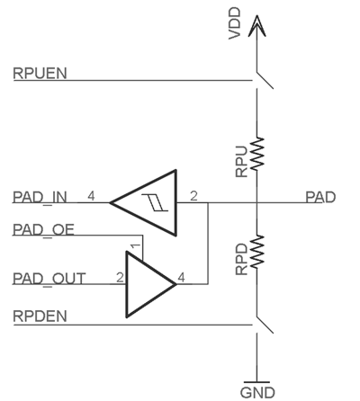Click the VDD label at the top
coord(235,23)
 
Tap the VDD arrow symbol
coord(256,26)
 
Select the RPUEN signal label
coord(40,74)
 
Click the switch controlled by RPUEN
coord(265,80)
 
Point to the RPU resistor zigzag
coord(257,154)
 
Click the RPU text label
coord(242,161)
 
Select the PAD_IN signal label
coord(40,197)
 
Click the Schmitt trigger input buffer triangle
coord(143,203)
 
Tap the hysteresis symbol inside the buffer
coord(155,202)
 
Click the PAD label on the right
coord(320,197)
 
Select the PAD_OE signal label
coord(43,229)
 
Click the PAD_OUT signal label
coord(49,279)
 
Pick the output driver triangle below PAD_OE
coord(151,284)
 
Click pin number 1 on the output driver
coord(135,247)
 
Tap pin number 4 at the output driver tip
coord(181,278)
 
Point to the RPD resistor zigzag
coord(257,252)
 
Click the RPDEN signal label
coord(40,316)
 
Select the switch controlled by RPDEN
coord(265,325)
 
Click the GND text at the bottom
coord(257,393)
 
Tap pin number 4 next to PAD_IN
coord(91,196)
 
